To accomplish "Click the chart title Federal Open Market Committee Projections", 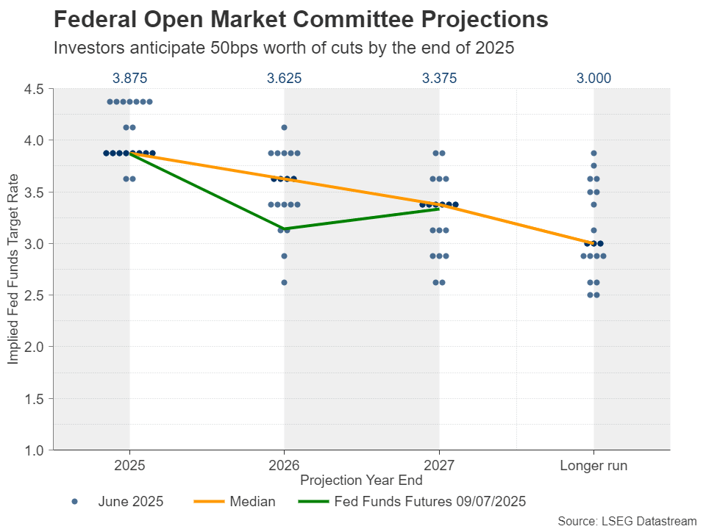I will tap(302, 20).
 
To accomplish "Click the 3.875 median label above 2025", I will tap(129, 78).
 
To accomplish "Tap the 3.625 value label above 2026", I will tap(284, 78).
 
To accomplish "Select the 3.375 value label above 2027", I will tap(439, 78).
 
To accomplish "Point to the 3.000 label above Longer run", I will tap(593, 78).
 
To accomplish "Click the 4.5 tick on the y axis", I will tap(35, 89).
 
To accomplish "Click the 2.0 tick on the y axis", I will tap(35, 347).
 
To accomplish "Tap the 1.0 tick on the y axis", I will tap(35, 450).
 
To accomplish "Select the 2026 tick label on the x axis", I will tap(284, 465).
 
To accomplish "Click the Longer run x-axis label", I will tap(593, 465).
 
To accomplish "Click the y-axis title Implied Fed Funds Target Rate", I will tap(13, 269).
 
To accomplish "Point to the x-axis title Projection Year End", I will tap(361, 480).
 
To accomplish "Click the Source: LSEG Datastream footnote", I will tap(627, 520).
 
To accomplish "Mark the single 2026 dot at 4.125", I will tap(284, 128).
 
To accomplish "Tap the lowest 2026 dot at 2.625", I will tap(284, 282).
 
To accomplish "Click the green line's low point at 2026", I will tap(284, 228).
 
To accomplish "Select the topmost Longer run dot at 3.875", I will tap(593, 154).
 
